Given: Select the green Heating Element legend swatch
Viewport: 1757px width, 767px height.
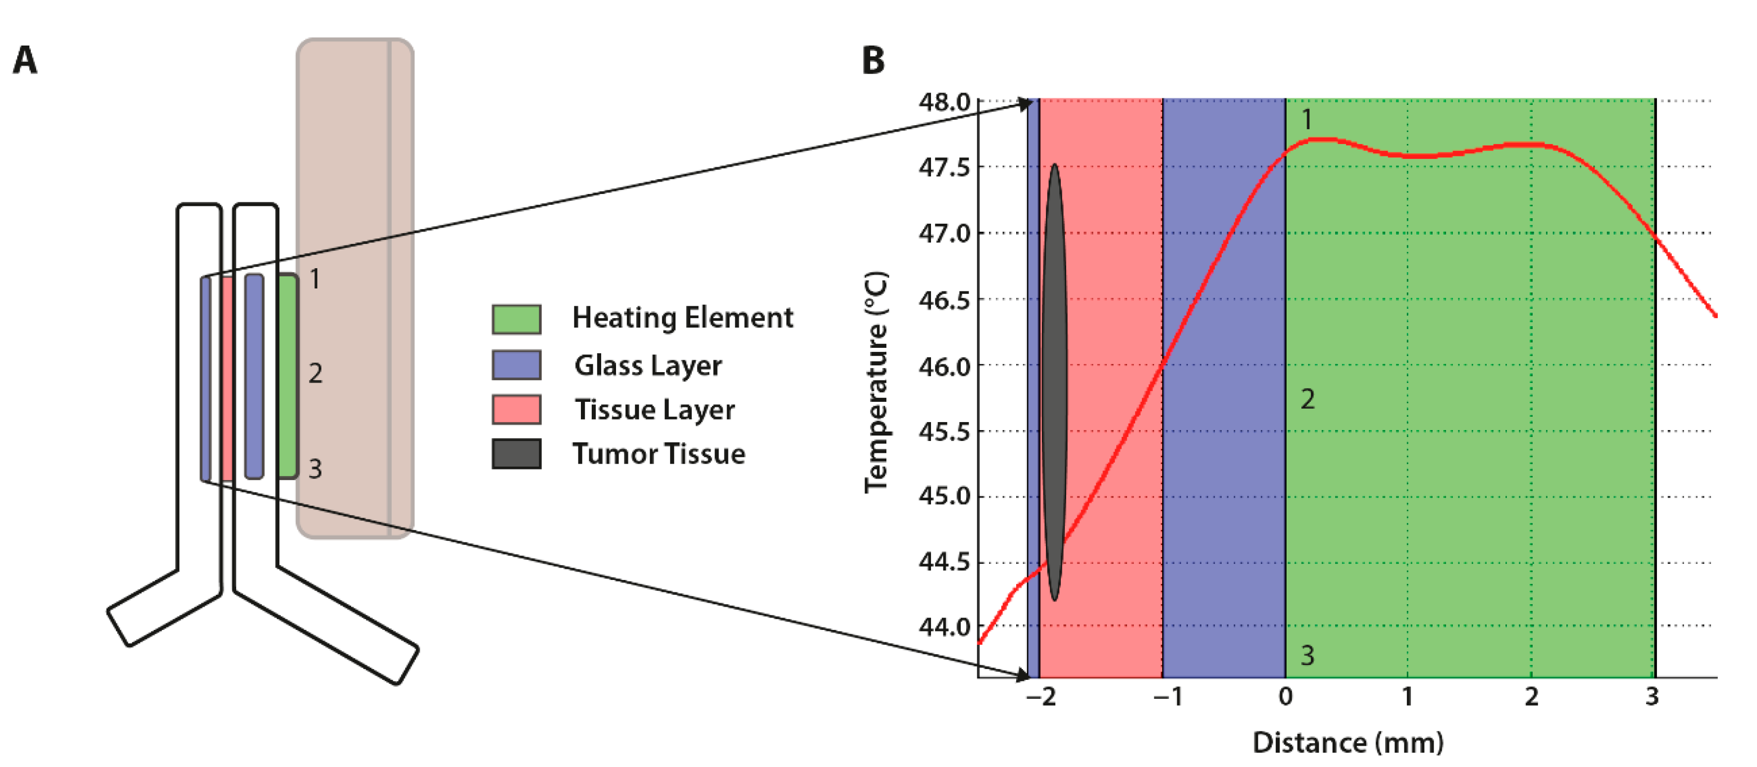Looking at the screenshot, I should coord(517,319).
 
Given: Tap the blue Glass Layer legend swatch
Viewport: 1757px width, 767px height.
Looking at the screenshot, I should coord(517,365).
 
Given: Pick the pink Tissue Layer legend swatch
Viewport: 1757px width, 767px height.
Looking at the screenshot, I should coord(517,409).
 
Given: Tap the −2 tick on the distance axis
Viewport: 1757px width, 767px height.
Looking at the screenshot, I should coord(1041,697).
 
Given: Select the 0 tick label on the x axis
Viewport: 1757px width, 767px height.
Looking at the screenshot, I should coord(1285,697).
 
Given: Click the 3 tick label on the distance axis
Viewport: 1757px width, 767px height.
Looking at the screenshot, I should coord(1652,697).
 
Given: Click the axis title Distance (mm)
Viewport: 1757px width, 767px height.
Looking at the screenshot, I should coord(1348,742).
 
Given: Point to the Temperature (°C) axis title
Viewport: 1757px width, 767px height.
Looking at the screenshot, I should coord(877,382).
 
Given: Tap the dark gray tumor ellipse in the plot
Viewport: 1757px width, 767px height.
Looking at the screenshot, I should coord(1054,382).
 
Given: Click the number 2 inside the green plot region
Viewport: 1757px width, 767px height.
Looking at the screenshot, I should coord(1307,399).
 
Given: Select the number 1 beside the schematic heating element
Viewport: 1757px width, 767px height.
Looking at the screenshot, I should coord(314,279).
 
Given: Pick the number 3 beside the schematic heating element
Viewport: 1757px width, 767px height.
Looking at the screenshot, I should coord(314,469).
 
